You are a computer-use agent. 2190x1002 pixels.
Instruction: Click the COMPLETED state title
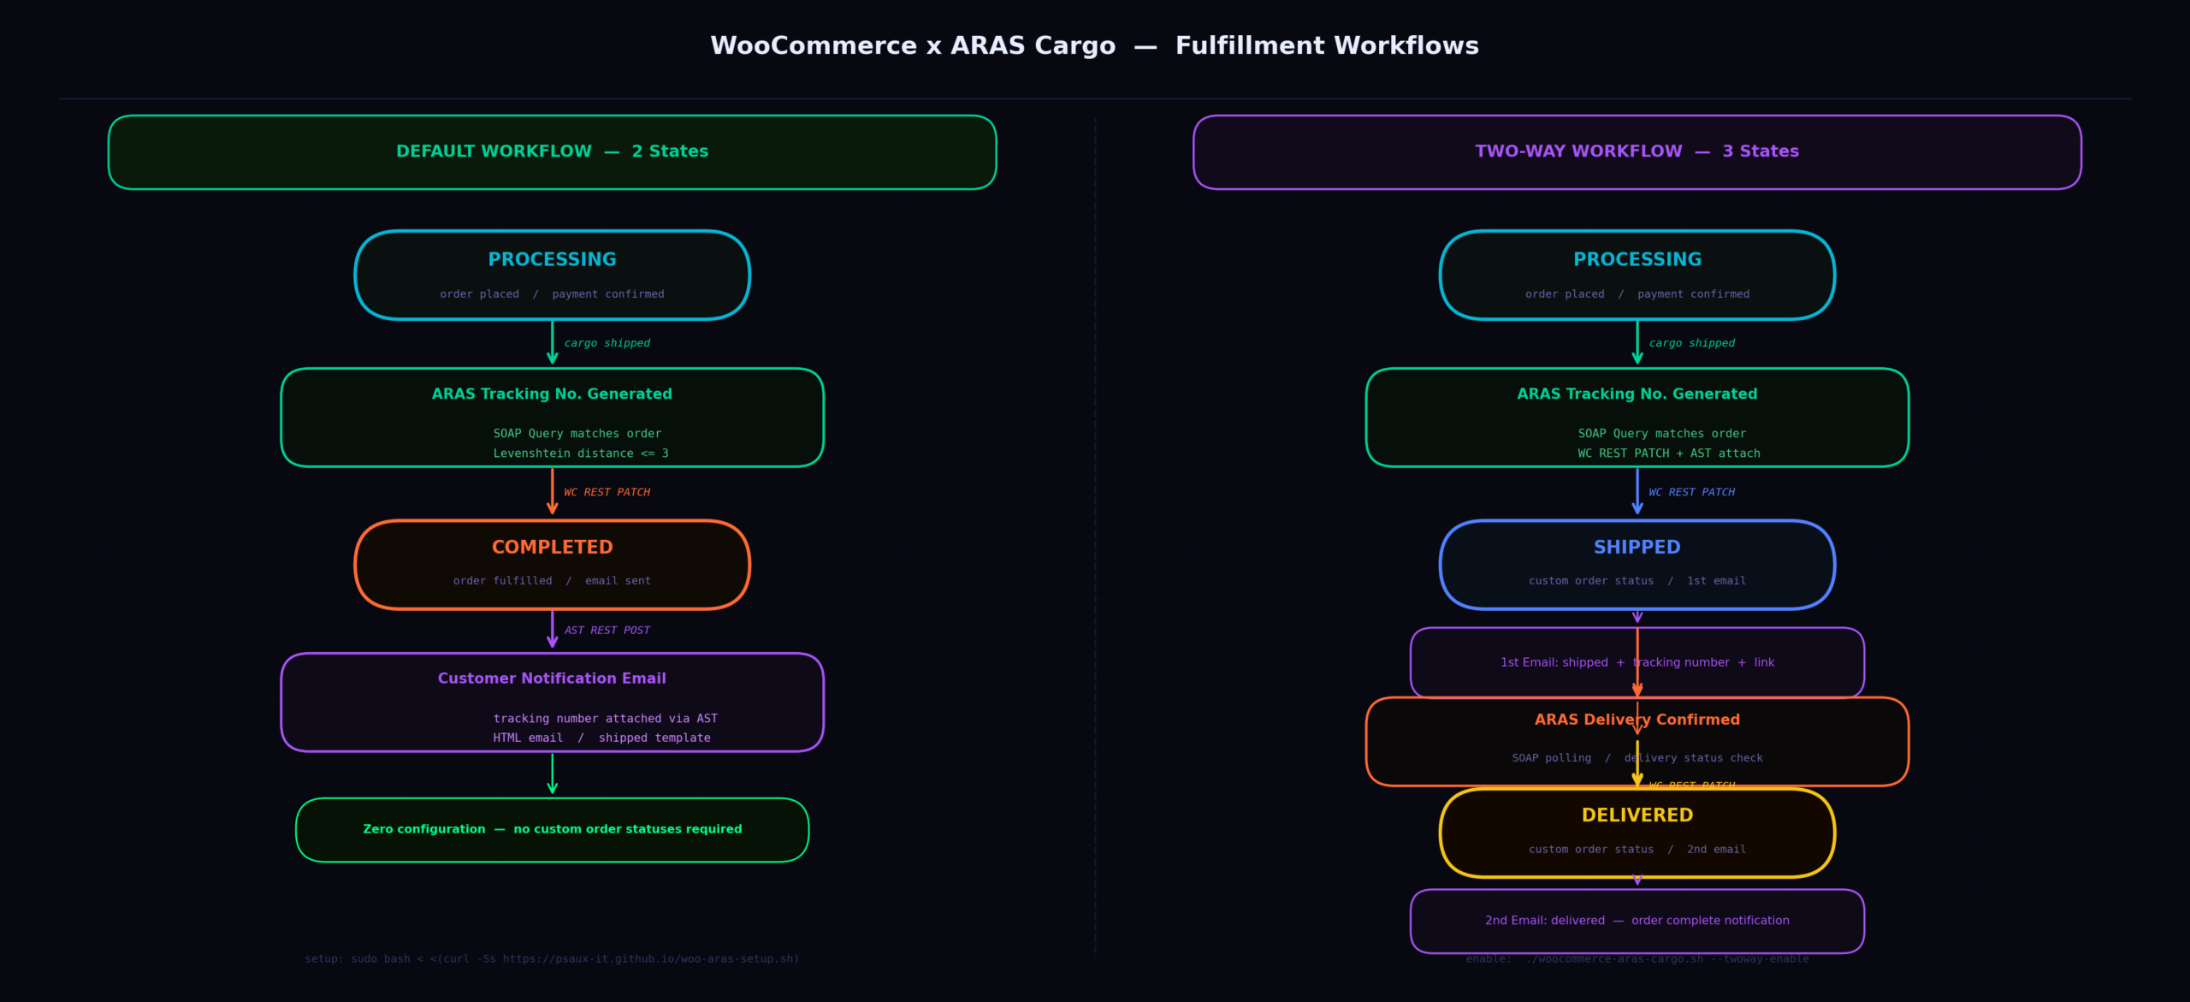pyautogui.click(x=552, y=547)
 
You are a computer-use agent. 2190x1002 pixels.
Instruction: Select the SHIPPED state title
pyautogui.click(x=1637, y=547)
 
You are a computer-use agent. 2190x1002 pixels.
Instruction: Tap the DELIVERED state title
pyautogui.click(x=1637, y=815)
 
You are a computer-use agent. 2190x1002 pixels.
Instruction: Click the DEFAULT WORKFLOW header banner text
pyautogui.click(x=552, y=151)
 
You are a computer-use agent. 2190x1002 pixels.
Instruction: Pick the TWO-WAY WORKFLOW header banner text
pyautogui.click(x=1637, y=151)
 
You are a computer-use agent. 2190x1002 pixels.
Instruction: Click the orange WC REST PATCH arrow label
pyautogui.click(x=607, y=492)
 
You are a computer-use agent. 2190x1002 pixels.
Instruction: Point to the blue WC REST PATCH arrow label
pyautogui.click(x=1691, y=492)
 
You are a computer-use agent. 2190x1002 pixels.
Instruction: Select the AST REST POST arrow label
pyautogui.click(x=607, y=631)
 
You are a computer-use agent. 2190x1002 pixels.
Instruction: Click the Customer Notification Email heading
pyautogui.click(x=552, y=679)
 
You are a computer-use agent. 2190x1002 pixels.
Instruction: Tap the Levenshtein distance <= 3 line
pyautogui.click(x=580, y=454)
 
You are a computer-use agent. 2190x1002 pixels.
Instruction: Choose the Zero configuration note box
pyautogui.click(x=552, y=829)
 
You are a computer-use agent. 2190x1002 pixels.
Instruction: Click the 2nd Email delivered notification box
pyautogui.click(x=1637, y=921)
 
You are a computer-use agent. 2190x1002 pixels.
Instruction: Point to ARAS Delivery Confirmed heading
pyautogui.click(x=1637, y=720)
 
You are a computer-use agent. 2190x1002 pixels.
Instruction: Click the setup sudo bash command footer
pyautogui.click(x=552, y=959)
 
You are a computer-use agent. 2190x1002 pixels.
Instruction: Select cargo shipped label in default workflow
pyautogui.click(x=607, y=343)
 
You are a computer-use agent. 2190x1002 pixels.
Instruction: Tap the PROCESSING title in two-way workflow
pyautogui.click(x=1637, y=259)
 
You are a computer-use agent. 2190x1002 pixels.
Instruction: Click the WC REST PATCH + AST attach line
pyautogui.click(x=1668, y=454)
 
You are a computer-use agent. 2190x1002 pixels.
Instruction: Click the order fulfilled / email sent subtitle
pyautogui.click(x=552, y=581)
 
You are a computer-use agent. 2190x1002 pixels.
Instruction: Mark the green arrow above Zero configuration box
pyautogui.click(x=553, y=774)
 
